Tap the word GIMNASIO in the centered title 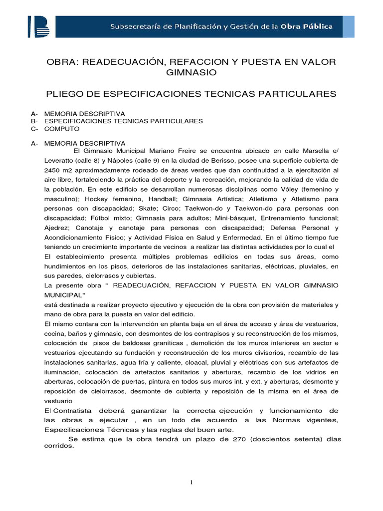191,73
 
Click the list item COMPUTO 62,129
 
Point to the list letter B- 34,121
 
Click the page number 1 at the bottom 191,482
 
